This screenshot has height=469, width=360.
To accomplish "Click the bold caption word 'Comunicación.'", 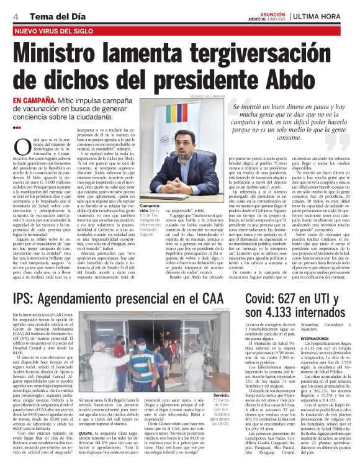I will (x=152, y=207).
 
